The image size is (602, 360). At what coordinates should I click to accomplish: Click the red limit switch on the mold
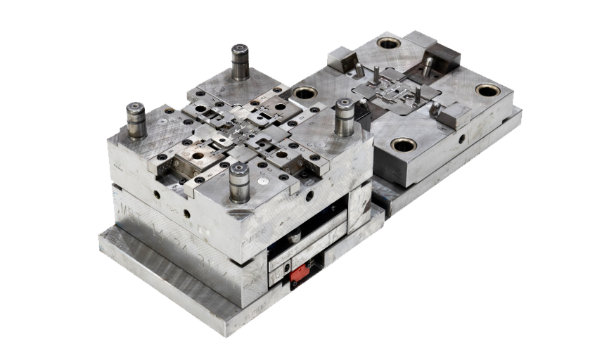[300, 272]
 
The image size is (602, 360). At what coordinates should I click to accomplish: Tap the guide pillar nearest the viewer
[239, 181]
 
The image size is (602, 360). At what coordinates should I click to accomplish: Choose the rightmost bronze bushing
[487, 90]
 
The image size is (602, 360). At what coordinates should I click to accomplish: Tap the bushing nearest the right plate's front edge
[404, 145]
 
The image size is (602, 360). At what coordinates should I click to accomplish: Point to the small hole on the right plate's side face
[462, 140]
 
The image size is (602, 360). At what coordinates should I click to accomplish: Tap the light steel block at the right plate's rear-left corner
[341, 56]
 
